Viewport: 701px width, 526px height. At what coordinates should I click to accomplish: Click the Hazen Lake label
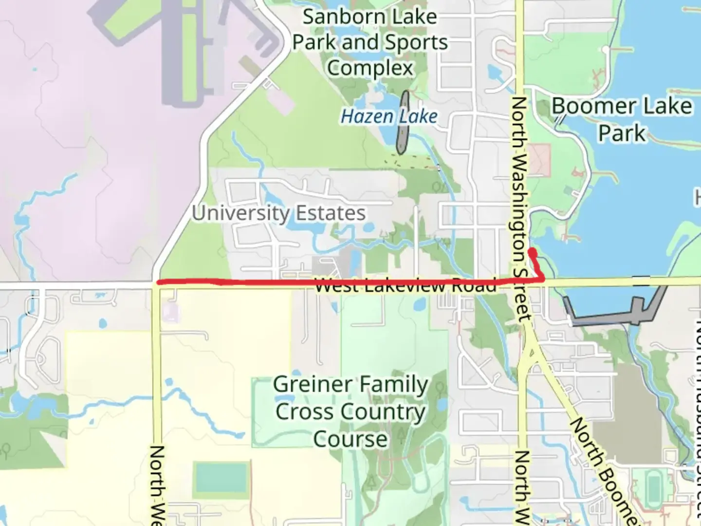(388, 116)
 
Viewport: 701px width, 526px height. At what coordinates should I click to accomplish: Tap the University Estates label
(278, 213)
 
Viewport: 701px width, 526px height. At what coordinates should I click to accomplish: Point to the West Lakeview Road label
(405, 285)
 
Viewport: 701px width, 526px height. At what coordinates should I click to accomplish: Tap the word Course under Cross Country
(350, 439)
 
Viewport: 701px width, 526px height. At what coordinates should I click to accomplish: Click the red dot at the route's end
(533, 252)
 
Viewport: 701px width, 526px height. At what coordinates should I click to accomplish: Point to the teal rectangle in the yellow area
(221, 478)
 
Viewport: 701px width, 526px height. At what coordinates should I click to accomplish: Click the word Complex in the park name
(370, 68)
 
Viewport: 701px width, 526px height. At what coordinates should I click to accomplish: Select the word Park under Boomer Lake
(622, 133)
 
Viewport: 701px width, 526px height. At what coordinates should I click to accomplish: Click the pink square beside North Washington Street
(539, 160)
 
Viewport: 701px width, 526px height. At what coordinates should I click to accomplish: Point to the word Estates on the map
(331, 213)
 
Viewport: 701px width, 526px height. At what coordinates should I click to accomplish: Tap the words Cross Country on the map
(350, 412)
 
